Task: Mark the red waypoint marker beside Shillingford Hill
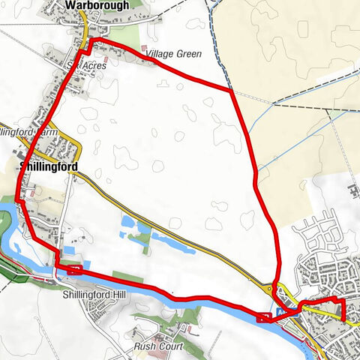[73, 269]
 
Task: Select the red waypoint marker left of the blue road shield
[263, 317]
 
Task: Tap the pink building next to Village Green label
[144, 48]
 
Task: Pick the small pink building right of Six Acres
[112, 58]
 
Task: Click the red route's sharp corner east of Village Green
[232, 92]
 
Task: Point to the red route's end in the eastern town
[343, 319]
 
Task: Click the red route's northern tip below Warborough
[93, 38]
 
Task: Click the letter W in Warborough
[70, 4]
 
